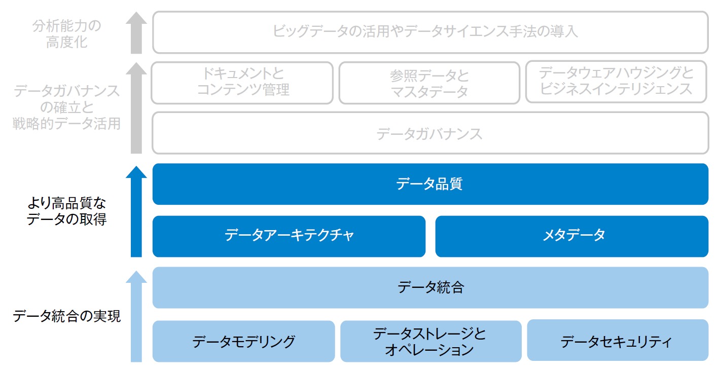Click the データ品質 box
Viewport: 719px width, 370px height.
tap(430, 184)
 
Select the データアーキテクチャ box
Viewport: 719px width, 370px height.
tap(289, 236)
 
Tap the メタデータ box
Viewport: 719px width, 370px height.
tap(571, 236)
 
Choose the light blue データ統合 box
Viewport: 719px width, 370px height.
tap(430, 287)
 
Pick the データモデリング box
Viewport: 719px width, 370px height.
tap(243, 341)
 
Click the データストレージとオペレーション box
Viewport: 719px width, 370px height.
tap(431, 341)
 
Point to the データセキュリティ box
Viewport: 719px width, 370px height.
tap(618, 340)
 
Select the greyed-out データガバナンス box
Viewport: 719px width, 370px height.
tap(430, 133)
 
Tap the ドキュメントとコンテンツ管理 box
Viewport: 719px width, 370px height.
tap(242, 83)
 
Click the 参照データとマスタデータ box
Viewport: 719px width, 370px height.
tap(429, 83)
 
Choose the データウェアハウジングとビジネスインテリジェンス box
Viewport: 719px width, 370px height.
tap(616, 82)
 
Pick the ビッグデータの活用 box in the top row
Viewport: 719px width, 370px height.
tap(430, 32)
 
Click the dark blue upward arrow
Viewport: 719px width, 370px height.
tap(136, 211)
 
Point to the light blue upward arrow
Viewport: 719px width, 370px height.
tap(136, 316)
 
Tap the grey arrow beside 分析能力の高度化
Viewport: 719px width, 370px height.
tap(136, 33)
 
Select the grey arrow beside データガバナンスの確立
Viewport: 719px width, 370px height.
tap(136, 108)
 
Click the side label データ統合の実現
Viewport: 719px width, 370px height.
tap(66, 316)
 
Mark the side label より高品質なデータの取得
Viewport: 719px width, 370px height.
tap(66, 211)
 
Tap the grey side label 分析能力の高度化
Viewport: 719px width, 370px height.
tap(66, 34)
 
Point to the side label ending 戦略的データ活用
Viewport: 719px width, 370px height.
tap(66, 107)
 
